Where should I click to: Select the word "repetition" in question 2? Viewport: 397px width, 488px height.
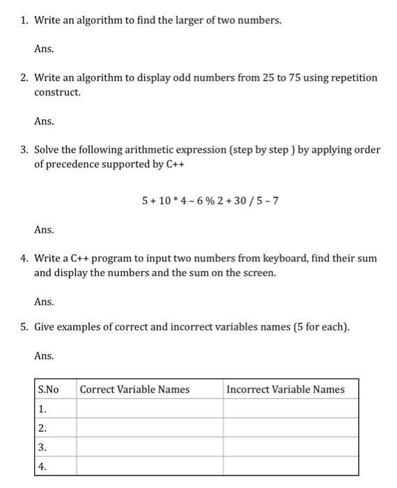tap(353, 77)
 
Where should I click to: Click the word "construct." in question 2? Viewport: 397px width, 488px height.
tap(58, 93)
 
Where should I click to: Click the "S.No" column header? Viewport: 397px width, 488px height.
tap(49, 389)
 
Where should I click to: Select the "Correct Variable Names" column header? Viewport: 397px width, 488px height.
tap(134, 389)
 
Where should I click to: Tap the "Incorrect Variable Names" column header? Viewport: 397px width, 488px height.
tap(286, 389)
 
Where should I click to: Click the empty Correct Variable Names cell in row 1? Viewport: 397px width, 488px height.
tap(149, 409)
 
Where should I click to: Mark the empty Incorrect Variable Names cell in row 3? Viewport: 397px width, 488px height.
tap(290, 447)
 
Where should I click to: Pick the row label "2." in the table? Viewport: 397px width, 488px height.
tap(43, 428)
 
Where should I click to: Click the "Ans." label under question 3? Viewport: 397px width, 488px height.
tap(44, 229)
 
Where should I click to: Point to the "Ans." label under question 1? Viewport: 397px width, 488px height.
tap(44, 49)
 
